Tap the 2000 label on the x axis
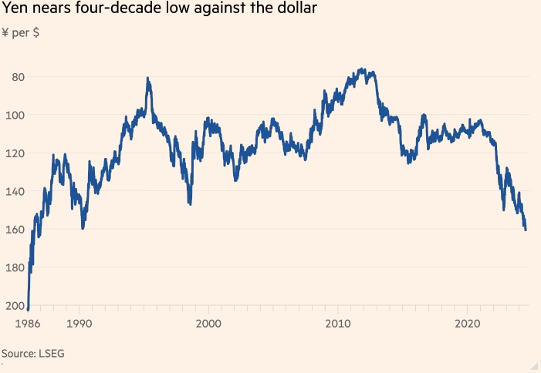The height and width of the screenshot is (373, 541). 208,324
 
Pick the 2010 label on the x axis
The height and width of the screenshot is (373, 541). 337,324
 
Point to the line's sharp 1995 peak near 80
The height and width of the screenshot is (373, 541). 147,79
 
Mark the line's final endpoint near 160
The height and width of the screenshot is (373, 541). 526,230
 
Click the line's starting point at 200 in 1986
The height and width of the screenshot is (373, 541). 28,309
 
